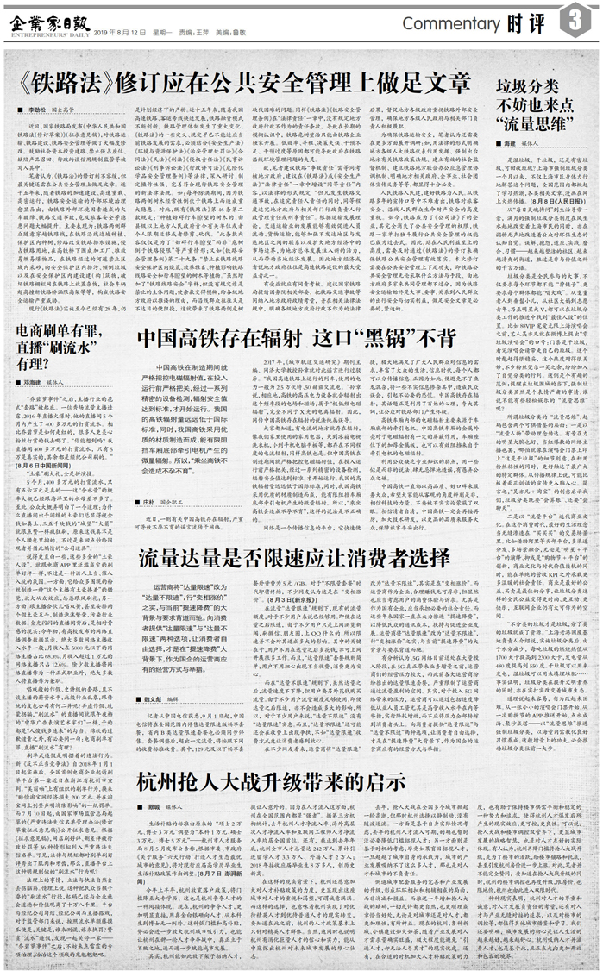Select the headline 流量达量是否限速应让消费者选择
pos(309,578)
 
